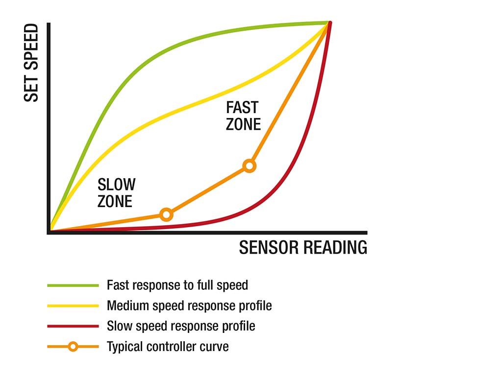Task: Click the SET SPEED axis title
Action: pyautogui.click(x=31, y=63)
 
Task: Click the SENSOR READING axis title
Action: pyautogui.click(x=303, y=247)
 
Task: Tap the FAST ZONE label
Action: pyautogui.click(x=243, y=116)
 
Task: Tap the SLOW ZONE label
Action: pyautogui.click(x=116, y=193)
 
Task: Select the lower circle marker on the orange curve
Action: pyautogui.click(x=167, y=214)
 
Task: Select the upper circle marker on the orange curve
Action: pyautogui.click(x=250, y=166)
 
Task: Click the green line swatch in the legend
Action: pyautogui.click(x=73, y=285)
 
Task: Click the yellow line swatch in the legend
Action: pyautogui.click(x=73, y=306)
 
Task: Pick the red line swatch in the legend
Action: pyautogui.click(x=73, y=327)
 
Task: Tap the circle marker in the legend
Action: pyautogui.click(x=74, y=347)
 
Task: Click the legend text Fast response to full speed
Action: pyautogui.click(x=177, y=285)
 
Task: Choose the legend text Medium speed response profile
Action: pyautogui.click(x=189, y=305)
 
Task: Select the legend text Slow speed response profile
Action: pyautogui.click(x=181, y=326)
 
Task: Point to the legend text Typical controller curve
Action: pyautogui.click(x=168, y=347)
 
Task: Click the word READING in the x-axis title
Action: pyautogui.click(x=335, y=247)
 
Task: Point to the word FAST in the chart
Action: pyautogui.click(x=242, y=107)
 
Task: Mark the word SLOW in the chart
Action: pyautogui.click(x=116, y=185)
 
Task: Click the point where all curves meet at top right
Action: pyautogui.click(x=329, y=23)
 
